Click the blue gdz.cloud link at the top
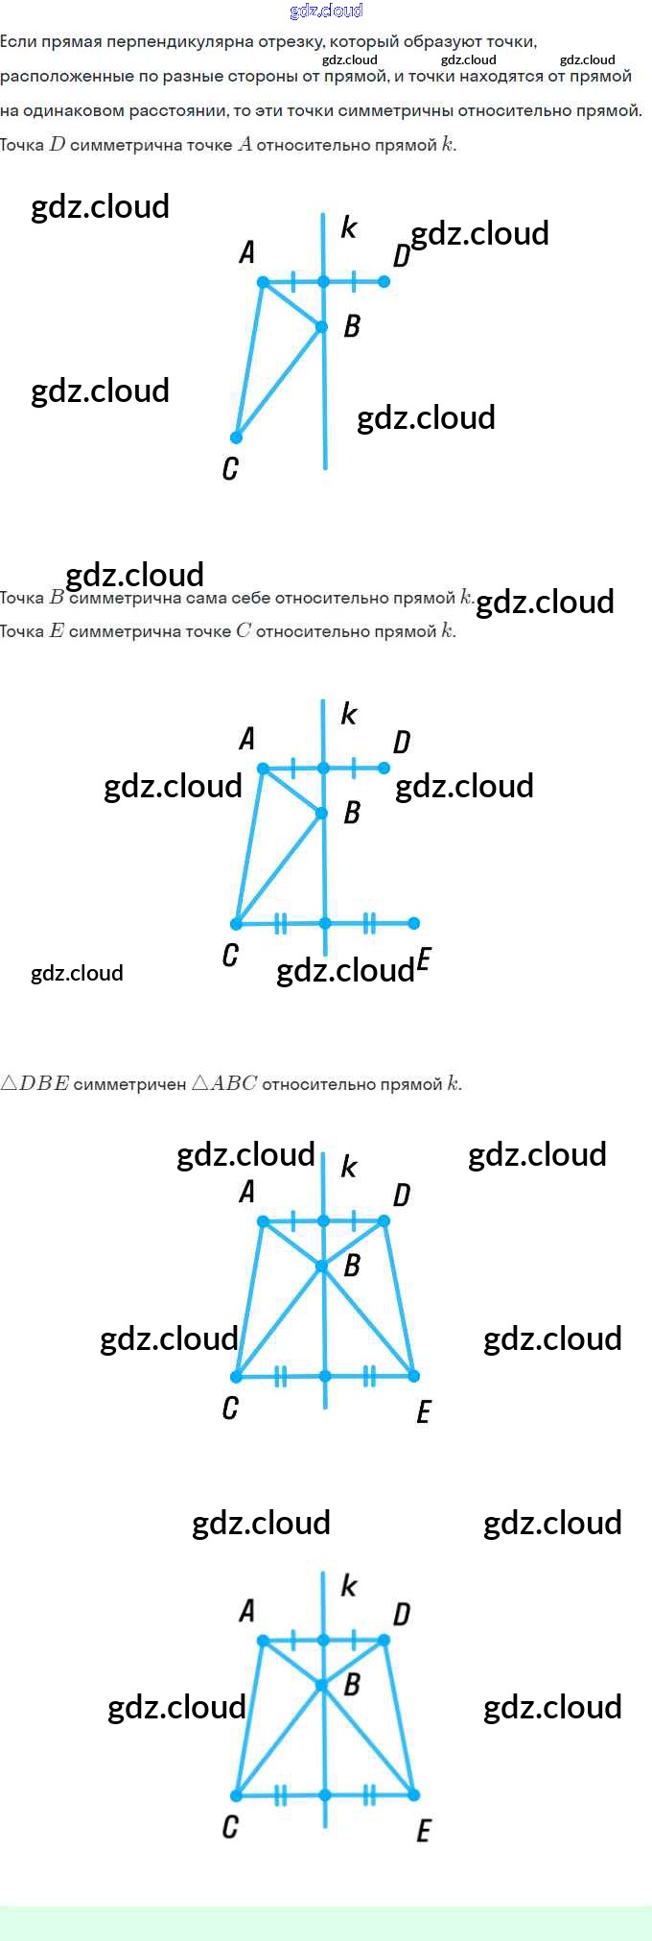(x=326, y=11)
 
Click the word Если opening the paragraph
(x=18, y=41)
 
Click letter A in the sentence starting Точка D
(x=244, y=145)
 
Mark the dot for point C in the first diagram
(x=236, y=438)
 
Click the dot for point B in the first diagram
(x=322, y=327)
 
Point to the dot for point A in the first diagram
(x=263, y=281)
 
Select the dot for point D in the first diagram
(x=384, y=281)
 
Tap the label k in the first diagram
(x=348, y=227)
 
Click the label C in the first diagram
(x=230, y=468)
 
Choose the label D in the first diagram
(x=402, y=256)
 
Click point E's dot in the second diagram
(x=413, y=923)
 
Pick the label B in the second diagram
(x=352, y=813)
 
